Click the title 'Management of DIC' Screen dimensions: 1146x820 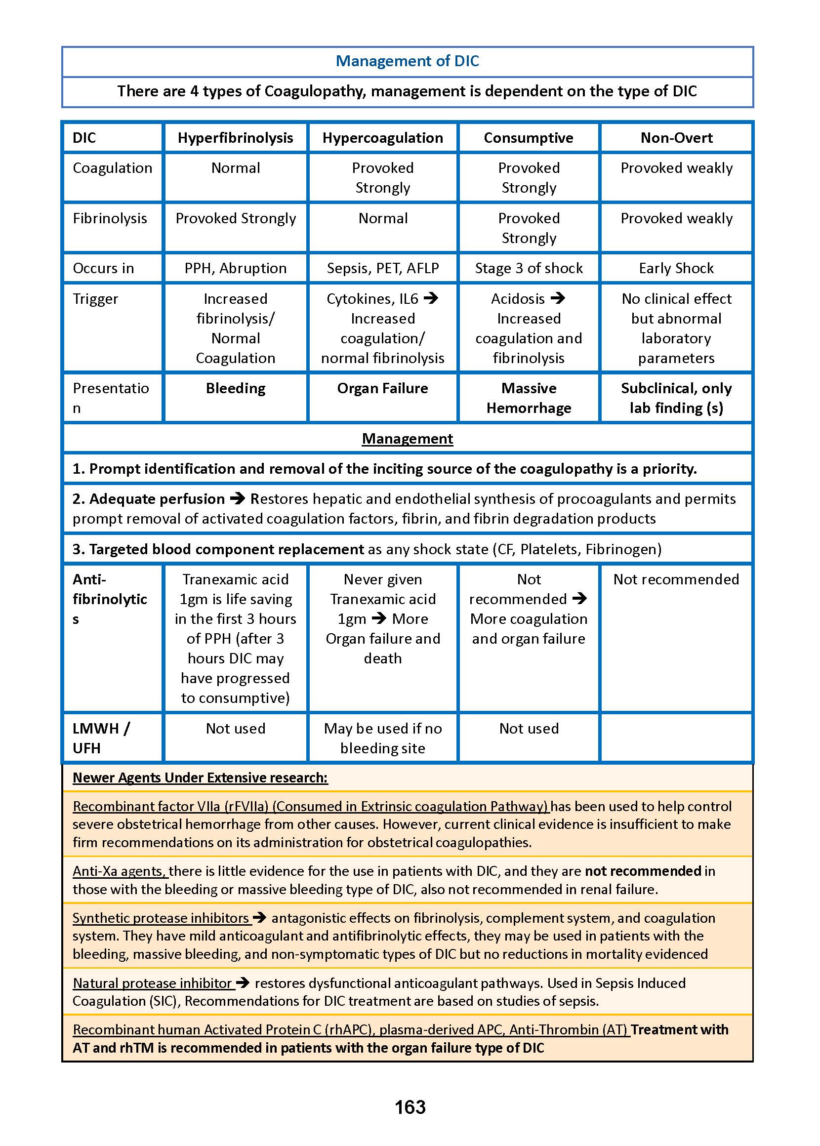point(407,61)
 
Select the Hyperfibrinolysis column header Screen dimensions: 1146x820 point(235,138)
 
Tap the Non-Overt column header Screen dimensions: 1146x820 point(676,138)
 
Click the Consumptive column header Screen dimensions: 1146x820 point(528,138)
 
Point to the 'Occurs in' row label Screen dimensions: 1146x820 point(104,268)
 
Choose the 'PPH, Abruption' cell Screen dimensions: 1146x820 point(235,268)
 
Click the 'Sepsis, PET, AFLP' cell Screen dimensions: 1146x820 point(383,268)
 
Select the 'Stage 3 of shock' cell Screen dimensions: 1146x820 point(528,268)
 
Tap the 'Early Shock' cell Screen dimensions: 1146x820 point(676,268)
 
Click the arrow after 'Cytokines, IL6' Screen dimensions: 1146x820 point(431,298)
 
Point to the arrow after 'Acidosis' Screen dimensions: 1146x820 point(557,298)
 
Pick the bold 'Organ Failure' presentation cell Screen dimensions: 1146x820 point(383,388)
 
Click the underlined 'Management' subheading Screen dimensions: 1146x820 point(407,439)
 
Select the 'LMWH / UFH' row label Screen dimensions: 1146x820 point(101,737)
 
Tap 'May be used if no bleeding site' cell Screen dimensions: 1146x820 point(383,737)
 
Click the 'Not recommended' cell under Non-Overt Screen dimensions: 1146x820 point(676,579)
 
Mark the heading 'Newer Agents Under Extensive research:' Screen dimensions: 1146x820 point(200,778)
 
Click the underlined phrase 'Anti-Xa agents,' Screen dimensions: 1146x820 point(120,871)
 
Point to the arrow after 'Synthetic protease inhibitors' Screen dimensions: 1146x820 point(259,917)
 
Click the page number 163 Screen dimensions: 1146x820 point(410,1107)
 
